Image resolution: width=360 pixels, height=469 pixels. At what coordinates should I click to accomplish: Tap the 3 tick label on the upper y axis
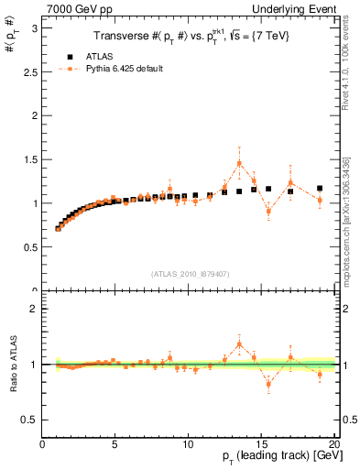pos(33,28)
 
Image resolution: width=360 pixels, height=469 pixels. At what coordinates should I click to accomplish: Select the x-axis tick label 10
pos(189,444)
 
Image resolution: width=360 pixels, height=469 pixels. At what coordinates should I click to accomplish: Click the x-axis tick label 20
pos(333,444)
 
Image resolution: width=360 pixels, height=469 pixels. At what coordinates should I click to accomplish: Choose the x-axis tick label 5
pos(115,444)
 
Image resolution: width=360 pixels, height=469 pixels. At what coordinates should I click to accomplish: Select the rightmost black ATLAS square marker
pos(320,188)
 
